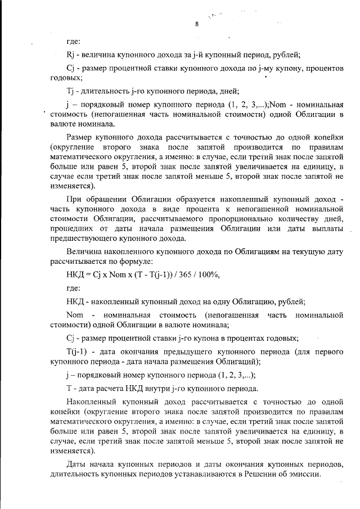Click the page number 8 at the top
(197, 24)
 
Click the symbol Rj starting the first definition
(70, 55)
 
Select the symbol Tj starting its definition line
(70, 91)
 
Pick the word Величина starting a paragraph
(84, 251)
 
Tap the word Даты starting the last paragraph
(76, 464)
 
